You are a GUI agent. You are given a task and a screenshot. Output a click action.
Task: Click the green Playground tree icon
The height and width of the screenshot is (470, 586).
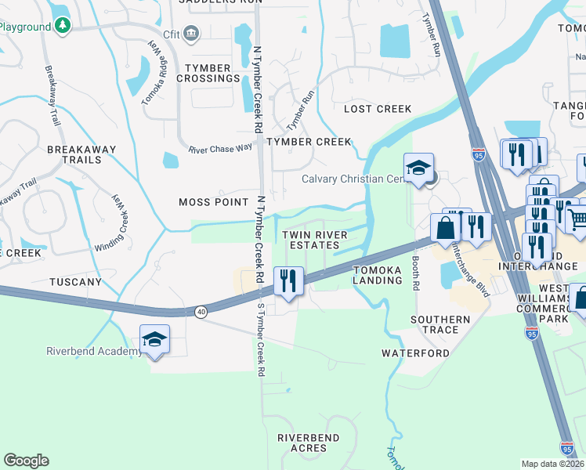click(x=63, y=26)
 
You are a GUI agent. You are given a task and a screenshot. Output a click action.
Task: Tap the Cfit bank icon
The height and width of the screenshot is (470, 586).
click(x=192, y=33)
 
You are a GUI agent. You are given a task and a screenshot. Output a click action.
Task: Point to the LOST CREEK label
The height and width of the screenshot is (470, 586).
click(x=378, y=109)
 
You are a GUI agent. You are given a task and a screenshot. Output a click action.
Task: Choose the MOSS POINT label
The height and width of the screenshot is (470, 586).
click(x=214, y=202)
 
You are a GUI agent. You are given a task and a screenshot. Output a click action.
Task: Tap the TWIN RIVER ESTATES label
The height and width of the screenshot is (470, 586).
click(x=310, y=240)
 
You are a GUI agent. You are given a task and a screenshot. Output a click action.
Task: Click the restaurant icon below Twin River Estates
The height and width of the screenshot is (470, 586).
click(x=288, y=279)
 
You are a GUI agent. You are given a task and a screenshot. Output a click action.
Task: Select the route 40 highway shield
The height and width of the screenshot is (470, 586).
click(x=201, y=312)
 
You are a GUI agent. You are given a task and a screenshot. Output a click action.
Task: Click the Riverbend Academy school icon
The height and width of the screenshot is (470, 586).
click(x=154, y=339)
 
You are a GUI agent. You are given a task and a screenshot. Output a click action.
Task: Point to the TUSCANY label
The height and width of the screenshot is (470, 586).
click(x=75, y=282)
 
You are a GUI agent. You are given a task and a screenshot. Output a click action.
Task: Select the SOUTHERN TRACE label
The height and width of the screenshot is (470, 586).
click(x=440, y=324)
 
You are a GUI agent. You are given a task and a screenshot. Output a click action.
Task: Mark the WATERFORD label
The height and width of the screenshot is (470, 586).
click(x=415, y=353)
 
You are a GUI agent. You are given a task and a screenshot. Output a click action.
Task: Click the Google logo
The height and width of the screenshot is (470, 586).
click(x=27, y=461)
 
